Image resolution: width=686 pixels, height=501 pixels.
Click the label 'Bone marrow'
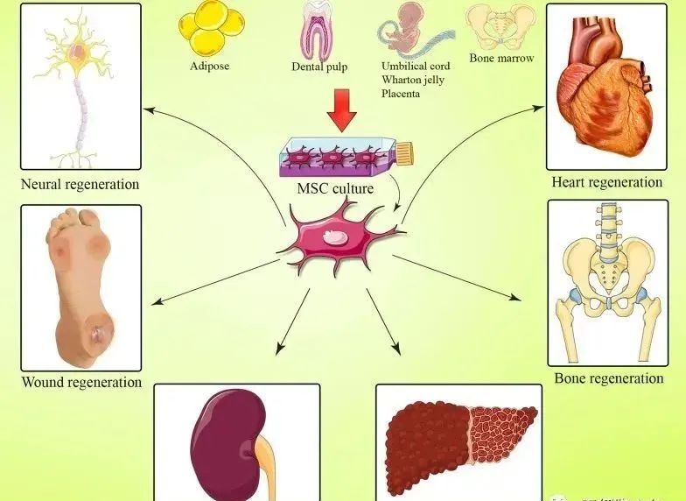pyautogui.click(x=500, y=59)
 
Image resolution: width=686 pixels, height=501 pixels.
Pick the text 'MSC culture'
pyautogui.click(x=336, y=188)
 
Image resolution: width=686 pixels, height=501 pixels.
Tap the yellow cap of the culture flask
pyautogui.click(x=405, y=154)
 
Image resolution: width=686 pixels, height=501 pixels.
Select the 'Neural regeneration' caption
pyautogui.click(x=80, y=185)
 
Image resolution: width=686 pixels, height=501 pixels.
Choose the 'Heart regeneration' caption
pyautogui.click(x=606, y=182)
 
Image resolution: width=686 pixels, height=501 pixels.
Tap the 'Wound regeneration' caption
pyautogui.click(x=81, y=382)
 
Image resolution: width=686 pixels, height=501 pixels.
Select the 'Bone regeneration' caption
pyautogui.click(x=609, y=378)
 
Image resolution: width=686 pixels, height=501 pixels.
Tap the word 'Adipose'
pyautogui.click(x=209, y=65)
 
